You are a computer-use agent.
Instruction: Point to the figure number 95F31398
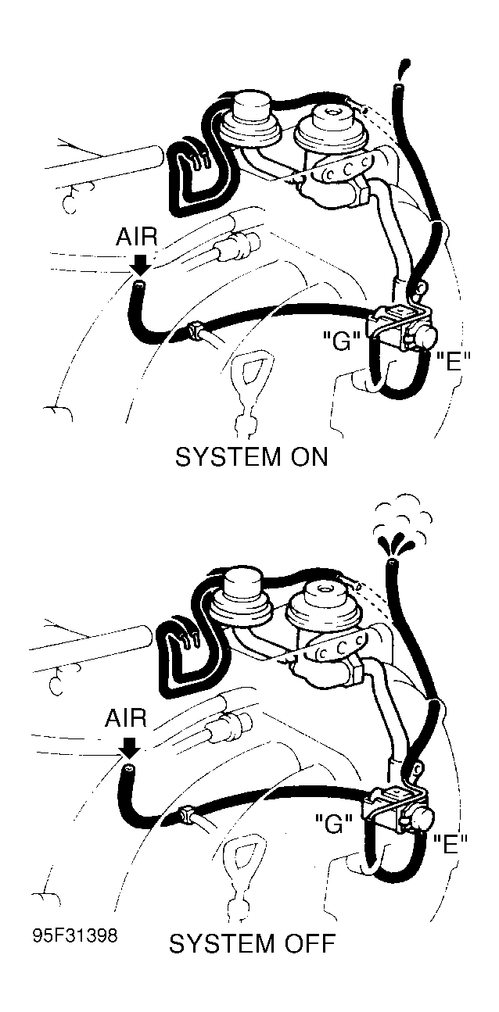(x=75, y=935)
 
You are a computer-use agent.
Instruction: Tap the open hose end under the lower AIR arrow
(x=127, y=770)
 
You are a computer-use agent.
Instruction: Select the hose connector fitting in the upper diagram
(x=196, y=332)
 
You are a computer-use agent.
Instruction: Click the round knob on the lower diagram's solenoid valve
(x=421, y=817)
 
